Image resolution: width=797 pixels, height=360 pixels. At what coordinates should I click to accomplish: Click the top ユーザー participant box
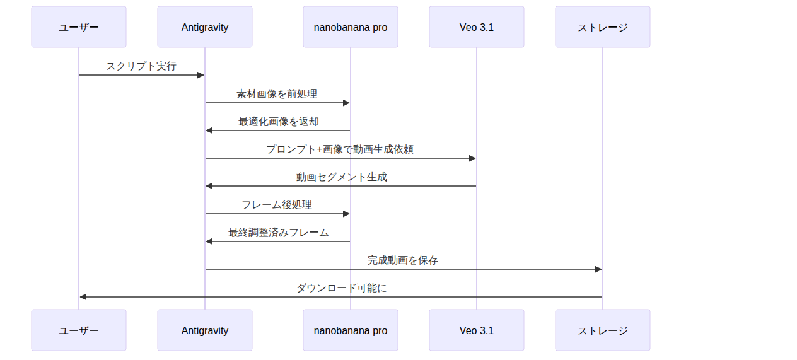79,27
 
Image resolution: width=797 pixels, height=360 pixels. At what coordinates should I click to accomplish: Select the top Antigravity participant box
205,27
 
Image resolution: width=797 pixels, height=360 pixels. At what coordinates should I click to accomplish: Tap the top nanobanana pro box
351,27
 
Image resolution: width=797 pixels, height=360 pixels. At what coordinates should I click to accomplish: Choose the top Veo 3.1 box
477,27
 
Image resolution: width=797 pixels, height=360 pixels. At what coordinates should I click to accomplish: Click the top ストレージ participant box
603,27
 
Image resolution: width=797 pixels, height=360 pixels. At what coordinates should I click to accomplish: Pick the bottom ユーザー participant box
79,330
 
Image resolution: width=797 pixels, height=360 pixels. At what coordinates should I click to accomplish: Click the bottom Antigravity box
205,330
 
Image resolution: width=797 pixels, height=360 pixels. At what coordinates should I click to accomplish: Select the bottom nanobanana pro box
351,330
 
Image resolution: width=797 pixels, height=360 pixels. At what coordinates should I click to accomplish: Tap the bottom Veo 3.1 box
477,330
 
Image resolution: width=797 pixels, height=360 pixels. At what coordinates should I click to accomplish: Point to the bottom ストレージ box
603,330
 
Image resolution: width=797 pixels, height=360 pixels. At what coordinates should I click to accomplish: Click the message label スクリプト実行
141,66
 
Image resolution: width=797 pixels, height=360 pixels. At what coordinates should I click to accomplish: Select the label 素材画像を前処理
277,94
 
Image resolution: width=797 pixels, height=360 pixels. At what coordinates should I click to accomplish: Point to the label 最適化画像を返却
278,122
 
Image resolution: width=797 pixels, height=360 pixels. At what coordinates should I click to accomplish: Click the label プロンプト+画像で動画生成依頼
340,149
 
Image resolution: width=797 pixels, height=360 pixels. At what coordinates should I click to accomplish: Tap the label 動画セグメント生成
342,177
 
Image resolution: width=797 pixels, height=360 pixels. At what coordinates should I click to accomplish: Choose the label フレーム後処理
277,205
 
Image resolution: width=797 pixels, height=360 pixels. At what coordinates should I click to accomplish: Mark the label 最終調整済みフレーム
278,233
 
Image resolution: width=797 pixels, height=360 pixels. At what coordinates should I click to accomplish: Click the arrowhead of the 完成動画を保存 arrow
598,269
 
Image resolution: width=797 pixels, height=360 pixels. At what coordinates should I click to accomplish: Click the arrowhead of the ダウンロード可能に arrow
83,297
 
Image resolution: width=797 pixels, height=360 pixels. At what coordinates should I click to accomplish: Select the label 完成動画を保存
403,260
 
